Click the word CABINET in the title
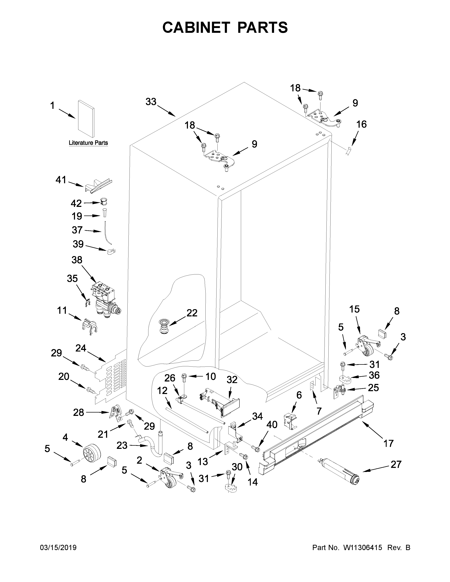pyautogui.click(x=196, y=28)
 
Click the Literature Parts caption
pyautogui.click(x=88, y=143)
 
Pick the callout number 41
pyautogui.click(x=61, y=180)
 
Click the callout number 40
pyautogui.click(x=272, y=425)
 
